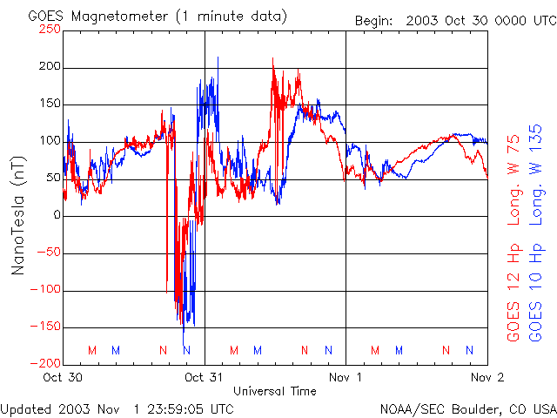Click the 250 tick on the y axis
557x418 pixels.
pyautogui.click(x=50, y=29)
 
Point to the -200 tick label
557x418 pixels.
pyautogui.click(x=47, y=364)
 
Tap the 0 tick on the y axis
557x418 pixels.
pyautogui.click(x=57, y=215)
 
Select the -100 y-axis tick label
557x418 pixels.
pyautogui.click(x=47, y=290)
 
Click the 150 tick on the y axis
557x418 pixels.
pyautogui.click(x=50, y=104)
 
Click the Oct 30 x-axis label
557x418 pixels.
pyautogui.click(x=63, y=377)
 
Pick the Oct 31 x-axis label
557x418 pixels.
pyautogui.click(x=205, y=377)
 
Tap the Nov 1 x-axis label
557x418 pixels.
pyautogui.click(x=346, y=377)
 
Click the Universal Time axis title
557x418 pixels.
pyautogui.click(x=274, y=391)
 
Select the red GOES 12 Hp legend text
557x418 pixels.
pyautogui.click(x=513, y=296)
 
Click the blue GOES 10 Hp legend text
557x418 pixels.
pyautogui.click(x=537, y=296)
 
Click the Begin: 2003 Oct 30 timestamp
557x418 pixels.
pyautogui.click(x=453, y=20)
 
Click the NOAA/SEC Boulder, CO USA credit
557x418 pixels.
pyautogui.click(x=467, y=408)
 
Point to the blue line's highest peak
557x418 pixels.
pyautogui.click(x=218, y=58)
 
